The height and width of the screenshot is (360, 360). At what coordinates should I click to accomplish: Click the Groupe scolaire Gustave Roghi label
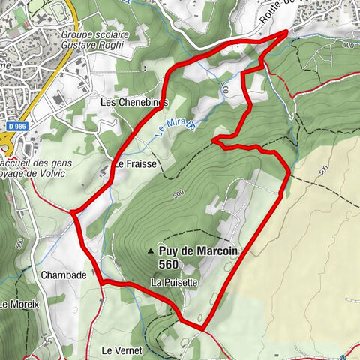(x=95, y=40)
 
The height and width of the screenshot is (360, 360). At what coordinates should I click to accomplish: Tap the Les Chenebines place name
(x=132, y=101)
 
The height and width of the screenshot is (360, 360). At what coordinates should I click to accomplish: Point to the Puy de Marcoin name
(x=199, y=251)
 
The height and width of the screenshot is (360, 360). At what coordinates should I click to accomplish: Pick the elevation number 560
(x=169, y=264)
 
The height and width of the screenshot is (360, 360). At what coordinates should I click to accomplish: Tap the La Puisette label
(x=174, y=282)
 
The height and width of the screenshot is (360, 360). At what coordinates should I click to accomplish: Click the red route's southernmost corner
(x=203, y=328)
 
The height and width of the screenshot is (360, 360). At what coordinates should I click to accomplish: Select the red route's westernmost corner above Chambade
(x=72, y=213)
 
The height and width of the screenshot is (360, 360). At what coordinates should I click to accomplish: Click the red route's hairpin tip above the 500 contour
(x=214, y=139)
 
